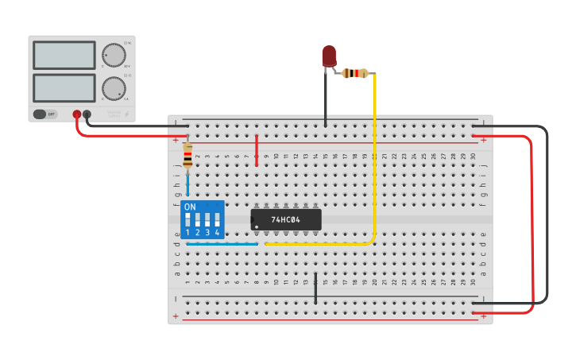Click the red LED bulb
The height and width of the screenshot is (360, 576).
coord(329,56)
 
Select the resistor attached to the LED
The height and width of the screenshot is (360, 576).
coord(356,74)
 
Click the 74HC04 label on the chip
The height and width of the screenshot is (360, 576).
coord(284,219)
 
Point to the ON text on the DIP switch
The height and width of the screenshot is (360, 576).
coord(190,207)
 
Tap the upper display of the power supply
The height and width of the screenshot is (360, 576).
coord(65,55)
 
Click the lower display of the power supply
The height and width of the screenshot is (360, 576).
coord(65,87)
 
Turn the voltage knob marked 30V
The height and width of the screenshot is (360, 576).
coord(114,55)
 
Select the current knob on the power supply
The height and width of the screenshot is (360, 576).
coord(114,87)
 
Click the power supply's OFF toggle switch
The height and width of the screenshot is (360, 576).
coord(44,114)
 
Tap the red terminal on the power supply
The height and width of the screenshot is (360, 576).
coord(77,114)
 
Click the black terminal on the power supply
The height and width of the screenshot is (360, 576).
coord(87,114)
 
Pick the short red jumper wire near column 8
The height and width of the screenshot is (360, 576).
coord(257,150)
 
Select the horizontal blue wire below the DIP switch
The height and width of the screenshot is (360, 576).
coord(222,244)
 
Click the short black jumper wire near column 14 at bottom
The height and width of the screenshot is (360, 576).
coord(315,288)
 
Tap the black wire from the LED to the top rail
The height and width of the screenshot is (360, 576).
coord(325,99)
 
